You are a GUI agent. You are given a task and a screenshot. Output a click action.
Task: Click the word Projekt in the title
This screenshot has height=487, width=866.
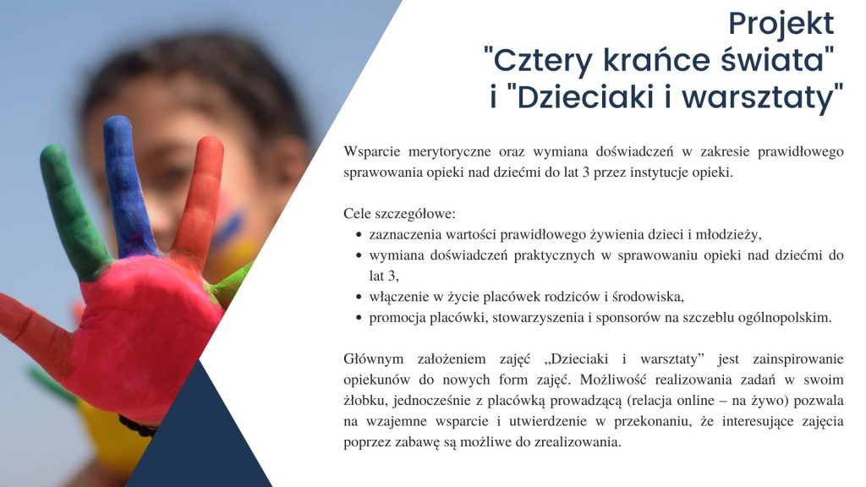click(x=781, y=25)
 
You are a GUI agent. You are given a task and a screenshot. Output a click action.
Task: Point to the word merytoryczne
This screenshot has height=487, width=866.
click(x=450, y=152)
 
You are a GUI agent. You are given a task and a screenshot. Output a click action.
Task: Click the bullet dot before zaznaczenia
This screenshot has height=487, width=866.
click(x=359, y=235)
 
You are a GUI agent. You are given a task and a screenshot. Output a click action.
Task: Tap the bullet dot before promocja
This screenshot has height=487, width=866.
click(x=359, y=318)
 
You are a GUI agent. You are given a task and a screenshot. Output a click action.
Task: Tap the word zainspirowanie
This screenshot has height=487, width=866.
click(x=798, y=359)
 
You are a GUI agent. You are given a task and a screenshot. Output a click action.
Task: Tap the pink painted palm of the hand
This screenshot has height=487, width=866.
click(x=146, y=331)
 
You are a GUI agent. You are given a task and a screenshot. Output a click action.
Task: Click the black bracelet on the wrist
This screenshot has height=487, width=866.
click(x=138, y=426)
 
